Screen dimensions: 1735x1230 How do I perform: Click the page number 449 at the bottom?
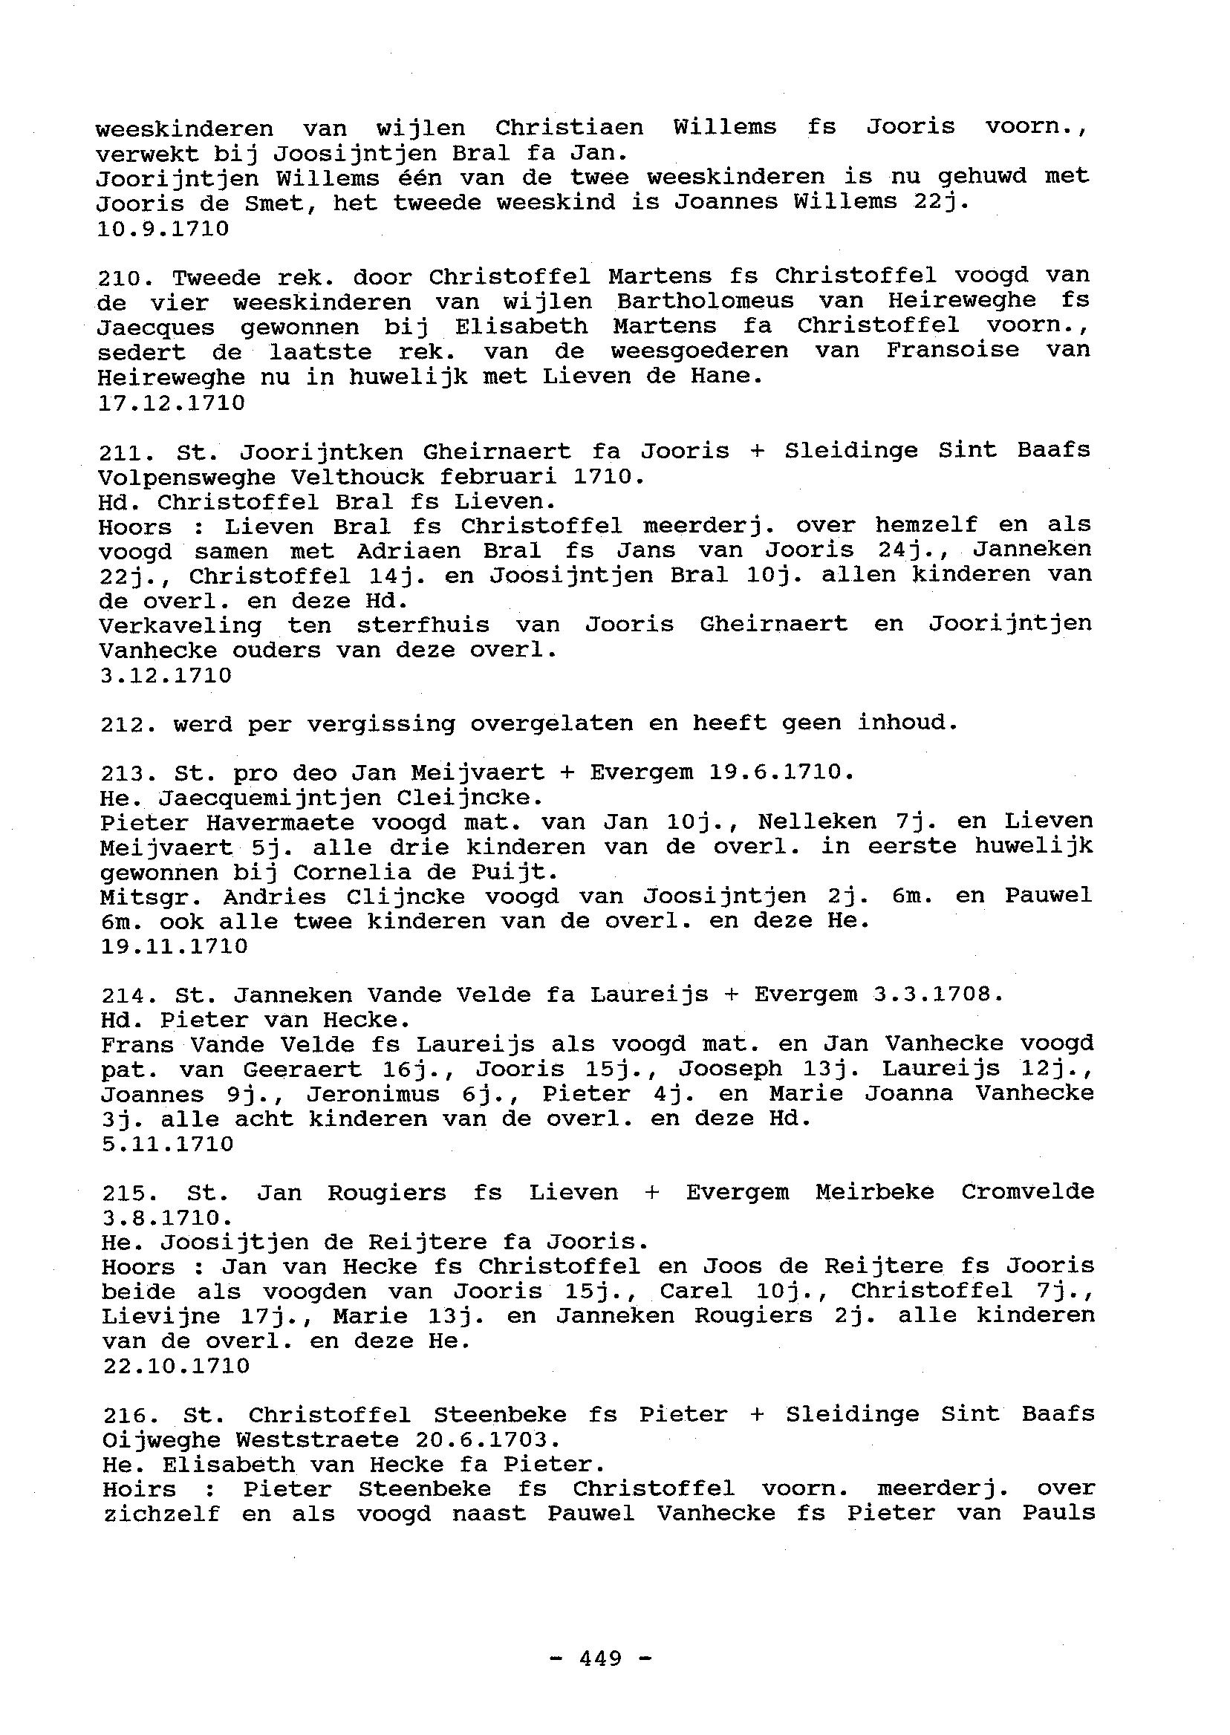[x=600, y=1658]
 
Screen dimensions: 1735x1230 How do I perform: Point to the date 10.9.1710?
[x=163, y=228]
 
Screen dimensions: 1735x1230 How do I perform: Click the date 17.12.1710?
[x=171, y=403]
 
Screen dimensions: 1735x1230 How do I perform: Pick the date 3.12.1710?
[x=165, y=675]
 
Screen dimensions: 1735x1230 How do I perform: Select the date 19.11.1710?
[x=174, y=946]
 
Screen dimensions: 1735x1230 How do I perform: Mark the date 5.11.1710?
[x=166, y=1144]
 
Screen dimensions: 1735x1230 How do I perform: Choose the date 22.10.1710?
[x=175, y=1366]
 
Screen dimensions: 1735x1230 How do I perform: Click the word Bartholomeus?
[x=705, y=302]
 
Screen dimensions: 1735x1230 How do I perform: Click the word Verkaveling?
[x=180, y=625]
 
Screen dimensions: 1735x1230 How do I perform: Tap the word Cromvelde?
[x=1028, y=1192]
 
